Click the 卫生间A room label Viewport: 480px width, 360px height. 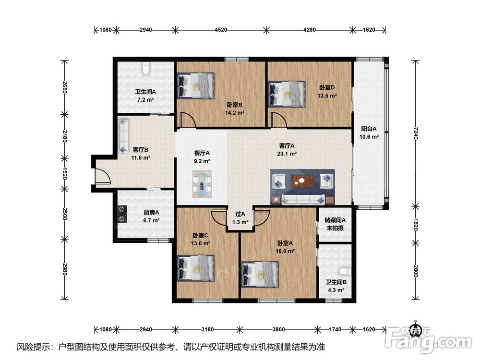(x=145, y=92)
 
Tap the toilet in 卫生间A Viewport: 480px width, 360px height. (x=146, y=68)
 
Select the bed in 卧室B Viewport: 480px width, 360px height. (x=196, y=86)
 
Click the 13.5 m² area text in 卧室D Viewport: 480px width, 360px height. (x=327, y=96)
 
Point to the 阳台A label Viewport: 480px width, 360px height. (x=369, y=129)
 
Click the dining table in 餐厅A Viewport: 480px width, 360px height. (x=202, y=184)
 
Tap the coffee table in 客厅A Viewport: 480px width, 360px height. (x=302, y=181)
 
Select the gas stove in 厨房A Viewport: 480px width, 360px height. (x=123, y=214)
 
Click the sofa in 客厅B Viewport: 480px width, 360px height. (x=124, y=135)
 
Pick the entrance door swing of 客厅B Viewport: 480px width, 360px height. (x=103, y=176)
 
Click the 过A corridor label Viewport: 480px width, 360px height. (x=240, y=214)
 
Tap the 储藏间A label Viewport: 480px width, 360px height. (x=335, y=220)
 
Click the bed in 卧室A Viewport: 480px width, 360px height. (x=260, y=275)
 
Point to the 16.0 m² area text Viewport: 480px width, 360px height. (x=285, y=251)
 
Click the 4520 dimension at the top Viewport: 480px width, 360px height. (x=221, y=30)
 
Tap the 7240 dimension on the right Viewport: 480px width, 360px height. (x=415, y=133)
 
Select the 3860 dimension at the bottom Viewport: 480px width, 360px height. (x=278, y=329)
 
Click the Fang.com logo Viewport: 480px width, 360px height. (x=429, y=338)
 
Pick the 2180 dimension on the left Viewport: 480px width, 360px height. (x=64, y=136)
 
